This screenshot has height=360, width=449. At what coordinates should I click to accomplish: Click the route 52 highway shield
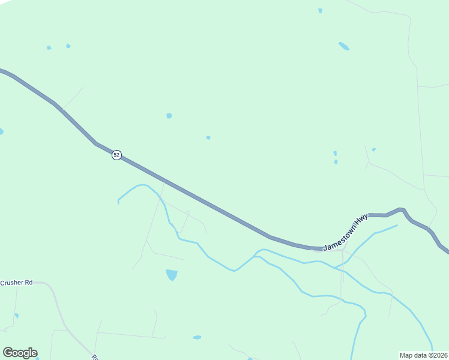[116, 155]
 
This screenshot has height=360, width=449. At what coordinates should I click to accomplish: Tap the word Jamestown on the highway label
[339, 239]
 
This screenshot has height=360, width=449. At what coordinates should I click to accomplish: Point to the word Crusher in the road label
[12, 283]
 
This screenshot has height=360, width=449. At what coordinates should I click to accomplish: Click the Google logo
[20, 353]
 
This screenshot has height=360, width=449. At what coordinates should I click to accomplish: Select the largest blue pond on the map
[172, 275]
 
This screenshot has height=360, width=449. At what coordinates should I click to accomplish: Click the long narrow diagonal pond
[344, 46]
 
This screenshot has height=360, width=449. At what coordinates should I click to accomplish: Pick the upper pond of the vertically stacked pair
[335, 154]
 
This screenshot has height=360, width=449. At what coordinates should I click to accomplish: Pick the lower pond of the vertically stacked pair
[336, 161]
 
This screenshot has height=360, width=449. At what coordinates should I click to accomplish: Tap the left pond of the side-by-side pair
[49, 47]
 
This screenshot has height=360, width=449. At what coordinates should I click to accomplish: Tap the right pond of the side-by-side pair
[68, 46]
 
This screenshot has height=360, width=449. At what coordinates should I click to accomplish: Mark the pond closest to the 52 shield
[169, 115]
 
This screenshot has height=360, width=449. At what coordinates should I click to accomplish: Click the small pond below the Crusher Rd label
[16, 316]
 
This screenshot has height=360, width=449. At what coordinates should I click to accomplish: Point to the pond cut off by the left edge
[1, 131]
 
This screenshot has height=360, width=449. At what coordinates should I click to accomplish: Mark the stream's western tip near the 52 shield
[118, 201]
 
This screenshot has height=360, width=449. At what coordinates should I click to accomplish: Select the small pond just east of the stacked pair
[373, 149]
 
